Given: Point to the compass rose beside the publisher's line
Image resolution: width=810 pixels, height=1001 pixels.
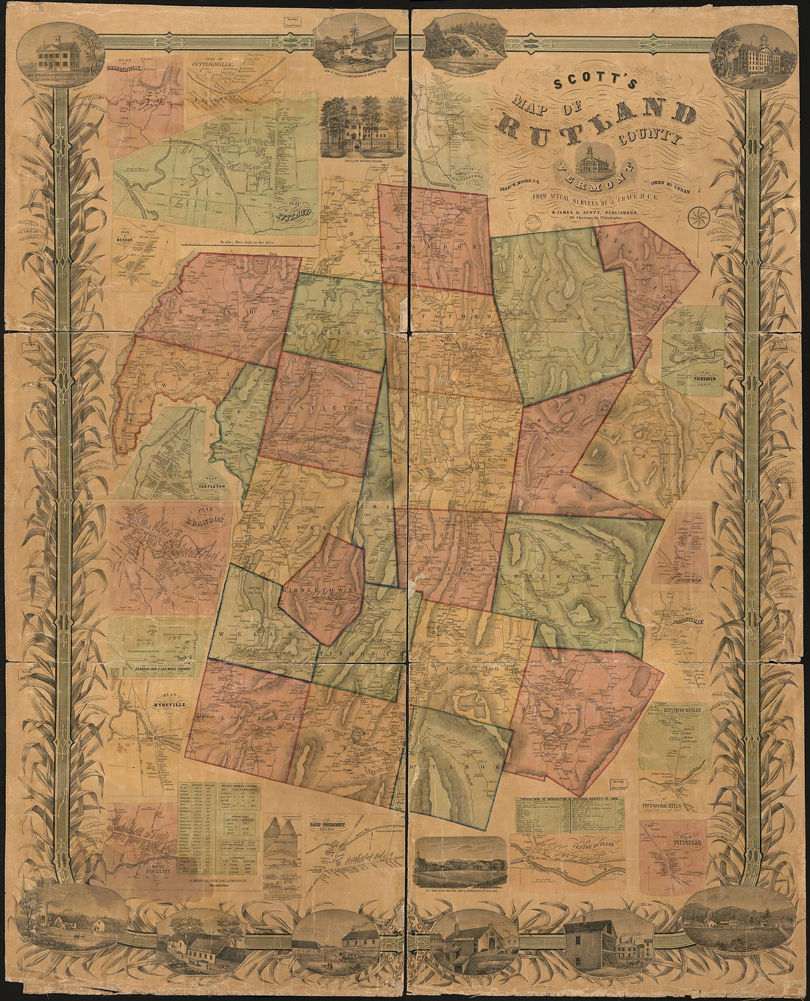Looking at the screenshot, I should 698,217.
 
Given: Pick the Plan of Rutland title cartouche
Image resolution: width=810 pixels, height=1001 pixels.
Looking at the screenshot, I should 292,213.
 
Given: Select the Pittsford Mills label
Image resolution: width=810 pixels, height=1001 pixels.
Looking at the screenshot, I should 672,804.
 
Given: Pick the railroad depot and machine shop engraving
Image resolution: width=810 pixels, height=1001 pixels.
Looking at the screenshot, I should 460,861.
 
